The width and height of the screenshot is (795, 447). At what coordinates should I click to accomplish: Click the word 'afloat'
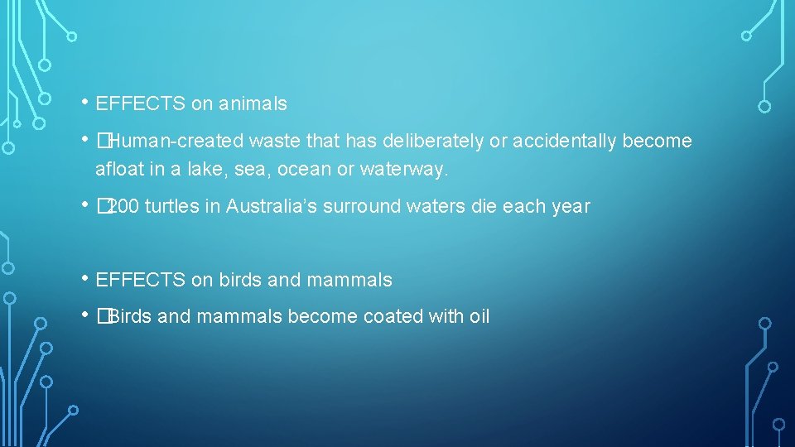pyautogui.click(x=118, y=171)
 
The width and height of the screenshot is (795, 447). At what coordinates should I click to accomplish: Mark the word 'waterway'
pyautogui.click(x=405, y=171)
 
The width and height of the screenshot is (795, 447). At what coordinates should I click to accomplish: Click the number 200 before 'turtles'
pyautogui.click(x=124, y=207)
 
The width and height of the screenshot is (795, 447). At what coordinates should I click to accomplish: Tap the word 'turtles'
pyautogui.click(x=171, y=207)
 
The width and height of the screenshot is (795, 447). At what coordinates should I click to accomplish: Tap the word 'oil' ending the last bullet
pyautogui.click(x=479, y=317)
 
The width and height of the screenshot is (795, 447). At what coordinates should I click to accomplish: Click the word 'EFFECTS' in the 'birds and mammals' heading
pyautogui.click(x=141, y=281)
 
